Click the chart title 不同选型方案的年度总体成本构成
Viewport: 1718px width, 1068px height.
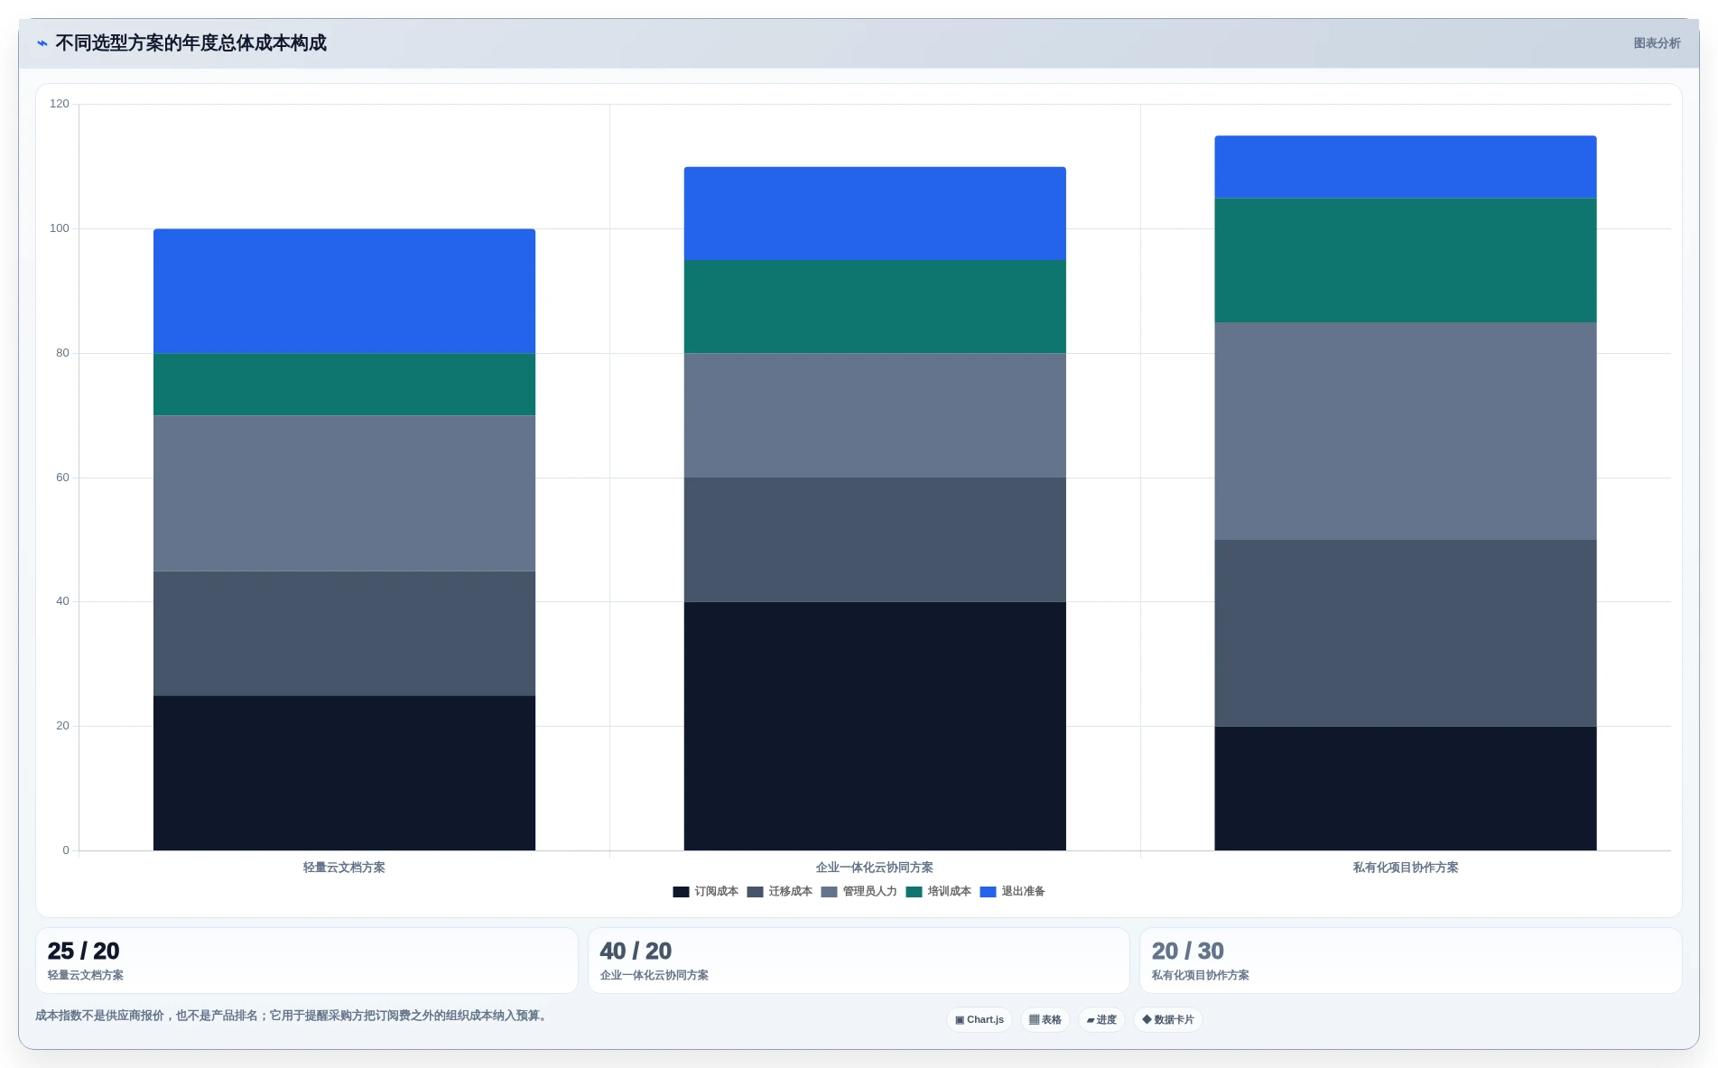click(x=190, y=43)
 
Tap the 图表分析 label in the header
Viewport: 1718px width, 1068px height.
click(x=1657, y=43)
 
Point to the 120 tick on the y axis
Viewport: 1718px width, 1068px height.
click(x=60, y=104)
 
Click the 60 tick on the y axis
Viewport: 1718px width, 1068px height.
click(x=62, y=478)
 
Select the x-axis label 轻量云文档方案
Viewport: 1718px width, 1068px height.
click(x=344, y=868)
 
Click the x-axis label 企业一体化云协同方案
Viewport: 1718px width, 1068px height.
click(x=875, y=868)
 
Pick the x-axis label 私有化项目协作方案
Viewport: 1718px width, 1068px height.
click(x=1406, y=868)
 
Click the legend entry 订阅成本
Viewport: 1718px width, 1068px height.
click(x=706, y=892)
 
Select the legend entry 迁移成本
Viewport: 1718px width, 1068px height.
click(x=780, y=892)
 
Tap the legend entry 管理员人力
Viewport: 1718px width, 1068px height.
click(x=859, y=892)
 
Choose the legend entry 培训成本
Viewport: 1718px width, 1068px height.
click(x=939, y=892)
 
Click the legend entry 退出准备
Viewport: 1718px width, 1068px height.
click(x=1013, y=892)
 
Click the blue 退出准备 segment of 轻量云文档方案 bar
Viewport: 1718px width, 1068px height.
click(x=344, y=291)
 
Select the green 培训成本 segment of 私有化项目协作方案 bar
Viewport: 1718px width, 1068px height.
click(x=1406, y=260)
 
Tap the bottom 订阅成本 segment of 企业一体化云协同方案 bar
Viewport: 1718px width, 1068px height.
click(x=875, y=726)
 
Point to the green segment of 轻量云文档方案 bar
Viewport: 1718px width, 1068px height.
click(x=344, y=385)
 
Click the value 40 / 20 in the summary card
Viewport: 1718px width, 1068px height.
click(x=636, y=951)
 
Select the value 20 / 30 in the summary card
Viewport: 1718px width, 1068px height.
click(x=1188, y=951)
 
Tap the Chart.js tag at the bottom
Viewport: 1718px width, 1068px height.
click(x=980, y=1020)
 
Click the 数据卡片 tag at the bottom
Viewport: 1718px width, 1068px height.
click(x=1168, y=1020)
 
